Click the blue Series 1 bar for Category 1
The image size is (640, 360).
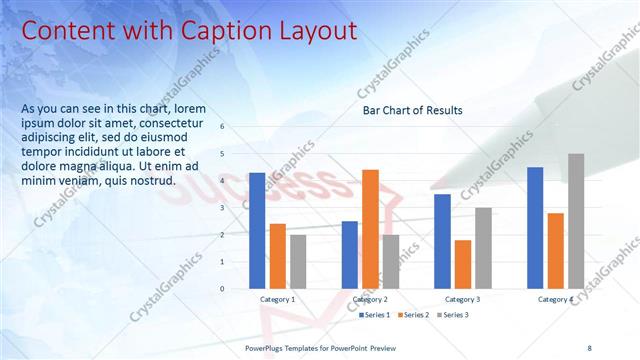pyautogui.click(x=257, y=231)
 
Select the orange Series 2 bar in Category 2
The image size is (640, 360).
pyautogui.click(x=370, y=229)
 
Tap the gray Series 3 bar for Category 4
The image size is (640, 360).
pyautogui.click(x=576, y=221)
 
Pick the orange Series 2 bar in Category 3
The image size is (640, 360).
pyautogui.click(x=462, y=264)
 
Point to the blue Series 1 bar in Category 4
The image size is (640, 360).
pyautogui.click(x=535, y=228)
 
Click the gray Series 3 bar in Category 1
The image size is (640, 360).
pyautogui.click(x=298, y=262)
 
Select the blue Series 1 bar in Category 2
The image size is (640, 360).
pyautogui.click(x=350, y=255)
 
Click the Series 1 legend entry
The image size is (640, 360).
pyautogui.click(x=375, y=315)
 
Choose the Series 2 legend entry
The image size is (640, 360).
pyautogui.click(x=415, y=315)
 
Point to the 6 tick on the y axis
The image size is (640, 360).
pyautogui.click(x=236, y=127)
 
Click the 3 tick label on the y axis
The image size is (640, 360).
pyautogui.click(x=236, y=208)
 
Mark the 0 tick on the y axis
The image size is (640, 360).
pyautogui.click(x=236, y=289)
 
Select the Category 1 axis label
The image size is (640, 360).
pyautogui.click(x=277, y=299)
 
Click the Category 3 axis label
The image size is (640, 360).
pyautogui.click(x=462, y=299)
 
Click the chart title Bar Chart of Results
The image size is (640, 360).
pyautogui.click(x=412, y=110)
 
